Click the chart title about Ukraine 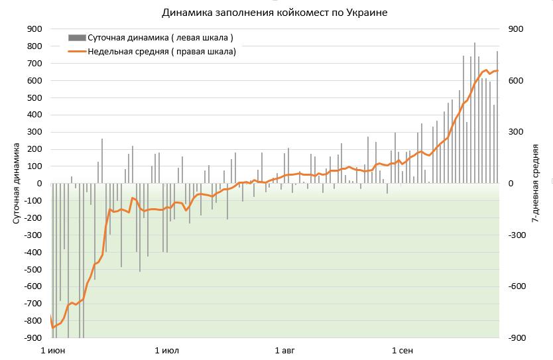click(275, 13)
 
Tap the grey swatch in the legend click(76, 38)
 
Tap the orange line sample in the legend click(76, 51)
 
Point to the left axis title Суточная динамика click(17, 184)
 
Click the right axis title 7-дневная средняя click(534, 184)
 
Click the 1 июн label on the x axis click(53, 349)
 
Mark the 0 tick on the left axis click(40, 184)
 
